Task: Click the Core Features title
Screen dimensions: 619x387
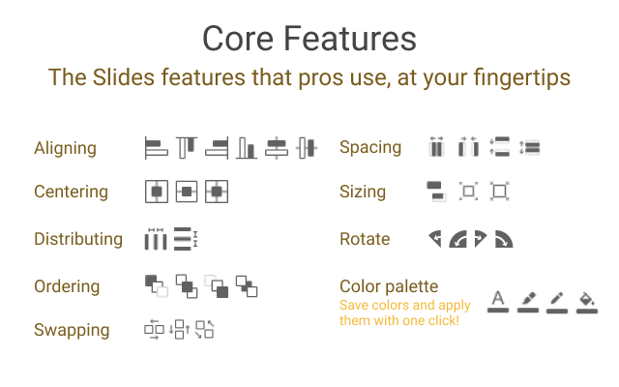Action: [x=309, y=39]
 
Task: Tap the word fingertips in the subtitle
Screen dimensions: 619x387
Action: [x=522, y=77]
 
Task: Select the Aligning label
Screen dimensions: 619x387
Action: [x=65, y=149]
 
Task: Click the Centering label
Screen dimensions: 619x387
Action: [x=71, y=192]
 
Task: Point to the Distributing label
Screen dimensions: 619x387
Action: [x=78, y=239]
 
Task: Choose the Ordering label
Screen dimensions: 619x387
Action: [x=67, y=286]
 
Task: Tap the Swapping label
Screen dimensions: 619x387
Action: [x=72, y=330]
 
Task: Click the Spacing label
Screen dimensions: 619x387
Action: [x=370, y=148]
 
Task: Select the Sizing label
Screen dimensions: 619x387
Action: [x=363, y=192]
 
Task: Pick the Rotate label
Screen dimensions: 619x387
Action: [x=365, y=239]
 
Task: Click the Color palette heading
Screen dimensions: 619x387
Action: [x=389, y=286]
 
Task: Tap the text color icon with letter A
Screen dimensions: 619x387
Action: [x=498, y=301]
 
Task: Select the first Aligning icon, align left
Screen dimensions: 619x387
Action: [x=156, y=148]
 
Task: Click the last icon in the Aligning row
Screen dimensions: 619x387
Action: [x=307, y=148]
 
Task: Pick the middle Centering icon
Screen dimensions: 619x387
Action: [x=187, y=192]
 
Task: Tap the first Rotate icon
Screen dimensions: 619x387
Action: [x=435, y=239]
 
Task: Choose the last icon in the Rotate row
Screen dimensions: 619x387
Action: [x=504, y=239]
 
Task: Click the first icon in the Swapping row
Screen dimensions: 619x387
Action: [x=155, y=329]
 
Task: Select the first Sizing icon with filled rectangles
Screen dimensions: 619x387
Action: [x=436, y=192]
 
